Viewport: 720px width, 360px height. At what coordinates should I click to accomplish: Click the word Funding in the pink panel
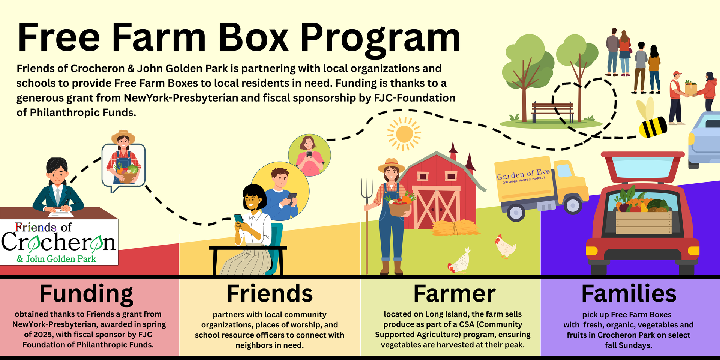86,294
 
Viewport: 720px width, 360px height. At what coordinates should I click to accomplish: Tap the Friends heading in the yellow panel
270,294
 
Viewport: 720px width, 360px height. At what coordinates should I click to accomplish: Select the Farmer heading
454,294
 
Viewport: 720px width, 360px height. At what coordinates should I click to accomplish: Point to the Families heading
629,294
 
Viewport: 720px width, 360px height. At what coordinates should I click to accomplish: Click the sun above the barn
404,134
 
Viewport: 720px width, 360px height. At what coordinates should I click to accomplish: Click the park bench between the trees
552,111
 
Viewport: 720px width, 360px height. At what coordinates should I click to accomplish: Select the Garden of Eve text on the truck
523,174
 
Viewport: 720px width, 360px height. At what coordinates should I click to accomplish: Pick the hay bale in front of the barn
454,227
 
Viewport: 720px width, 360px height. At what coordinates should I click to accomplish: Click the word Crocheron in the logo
58,243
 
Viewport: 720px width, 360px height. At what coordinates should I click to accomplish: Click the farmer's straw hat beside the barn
391,165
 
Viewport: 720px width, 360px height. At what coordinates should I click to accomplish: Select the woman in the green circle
309,155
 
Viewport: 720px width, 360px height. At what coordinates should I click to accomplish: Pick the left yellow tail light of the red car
592,250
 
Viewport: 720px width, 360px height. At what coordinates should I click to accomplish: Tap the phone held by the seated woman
238,218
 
